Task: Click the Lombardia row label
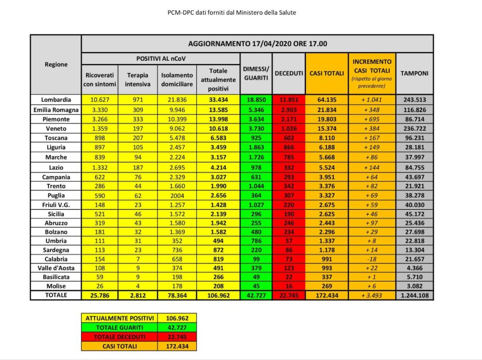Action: point(56,100)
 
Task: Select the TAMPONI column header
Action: point(414,73)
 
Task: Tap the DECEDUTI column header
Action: point(289,73)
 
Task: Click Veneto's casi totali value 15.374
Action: point(327,128)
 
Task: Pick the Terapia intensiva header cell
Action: point(137,80)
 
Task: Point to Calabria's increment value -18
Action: point(372,259)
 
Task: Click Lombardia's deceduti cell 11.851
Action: point(289,100)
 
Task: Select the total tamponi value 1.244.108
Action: point(414,295)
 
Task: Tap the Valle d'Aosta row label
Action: point(56,268)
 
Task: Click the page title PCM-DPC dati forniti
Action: point(232,13)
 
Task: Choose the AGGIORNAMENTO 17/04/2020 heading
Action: point(257,44)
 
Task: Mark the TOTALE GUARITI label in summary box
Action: point(119,328)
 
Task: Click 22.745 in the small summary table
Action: point(177,337)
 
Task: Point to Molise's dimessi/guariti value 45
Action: point(256,286)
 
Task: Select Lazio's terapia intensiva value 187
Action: point(137,168)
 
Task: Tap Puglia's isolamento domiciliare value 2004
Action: point(177,195)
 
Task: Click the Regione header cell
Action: point(56,64)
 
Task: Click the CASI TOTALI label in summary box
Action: point(119,346)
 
